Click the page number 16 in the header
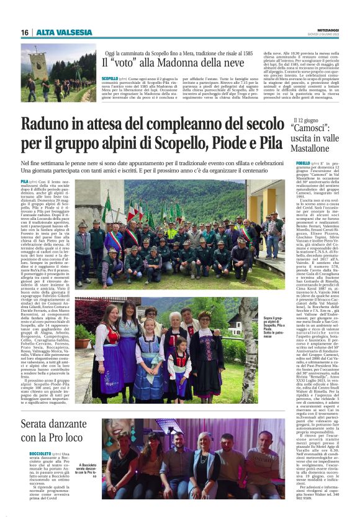click(25, 32)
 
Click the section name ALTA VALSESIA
click(63, 32)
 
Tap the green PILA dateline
click(25, 181)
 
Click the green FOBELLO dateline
click(302, 163)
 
